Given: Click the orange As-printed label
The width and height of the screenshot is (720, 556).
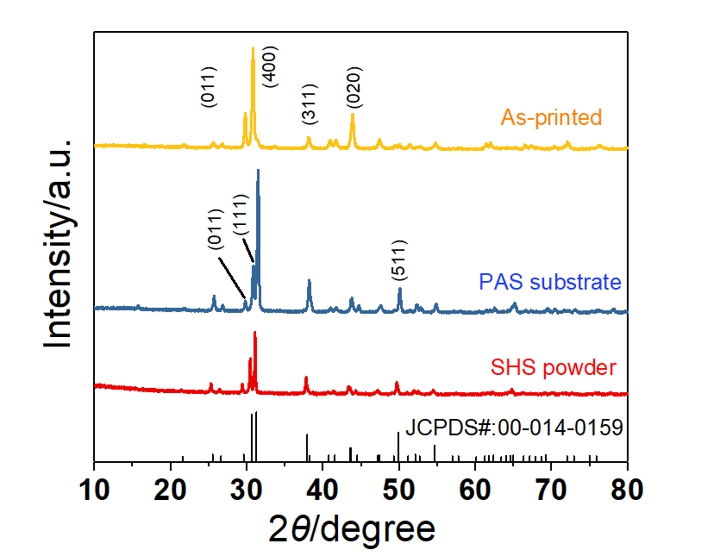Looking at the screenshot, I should pos(550,116).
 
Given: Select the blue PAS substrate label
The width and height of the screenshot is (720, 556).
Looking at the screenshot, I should pos(550,282).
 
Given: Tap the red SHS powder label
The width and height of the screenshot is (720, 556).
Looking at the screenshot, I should pos(553,368).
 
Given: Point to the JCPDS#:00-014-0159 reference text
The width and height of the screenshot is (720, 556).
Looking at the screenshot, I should pos(514,427).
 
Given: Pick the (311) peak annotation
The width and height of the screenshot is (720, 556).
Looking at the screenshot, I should pos(310,104).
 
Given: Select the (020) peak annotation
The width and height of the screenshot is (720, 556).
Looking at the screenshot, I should pos(354,89).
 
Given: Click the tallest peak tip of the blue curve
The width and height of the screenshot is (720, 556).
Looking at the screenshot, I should pos(258,171).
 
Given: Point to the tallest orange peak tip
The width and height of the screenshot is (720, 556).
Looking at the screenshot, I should pos(252,48).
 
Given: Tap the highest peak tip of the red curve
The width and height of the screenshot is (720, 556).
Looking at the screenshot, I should pos(254,333).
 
